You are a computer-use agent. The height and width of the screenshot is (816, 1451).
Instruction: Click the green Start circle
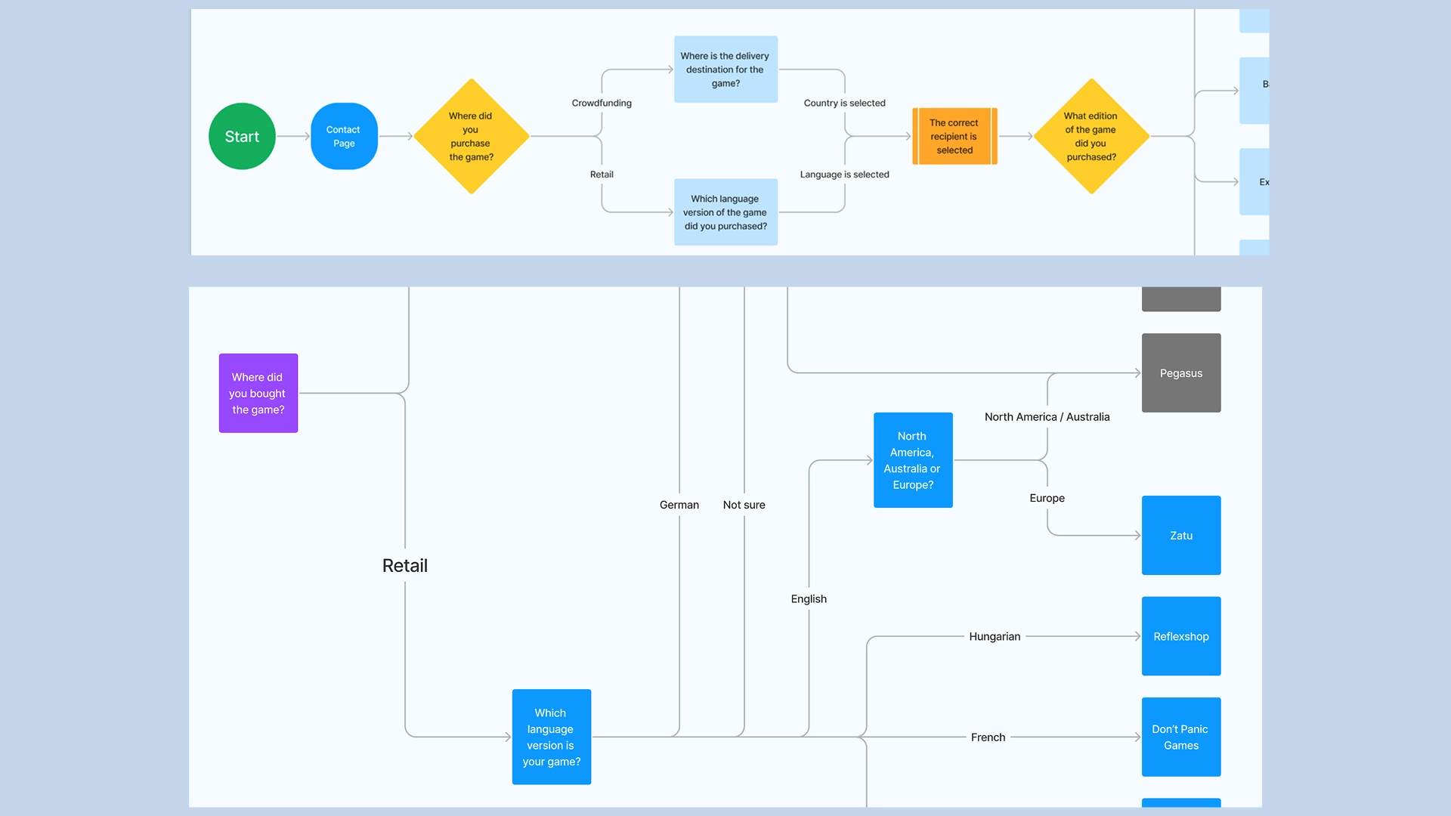242,136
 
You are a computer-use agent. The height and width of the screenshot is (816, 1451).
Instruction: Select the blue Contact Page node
344,136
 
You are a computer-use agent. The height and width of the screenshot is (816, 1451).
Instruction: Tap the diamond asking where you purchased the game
471,136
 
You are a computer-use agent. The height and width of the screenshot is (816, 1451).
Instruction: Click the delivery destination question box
725,69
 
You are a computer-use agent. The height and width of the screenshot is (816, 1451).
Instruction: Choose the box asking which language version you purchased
725,212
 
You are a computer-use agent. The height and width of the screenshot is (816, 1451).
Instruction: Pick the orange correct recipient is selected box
954,136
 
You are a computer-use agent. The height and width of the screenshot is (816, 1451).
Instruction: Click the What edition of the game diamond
1091,136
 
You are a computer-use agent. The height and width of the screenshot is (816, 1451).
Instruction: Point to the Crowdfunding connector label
602,103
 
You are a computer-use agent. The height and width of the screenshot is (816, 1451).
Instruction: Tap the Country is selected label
844,103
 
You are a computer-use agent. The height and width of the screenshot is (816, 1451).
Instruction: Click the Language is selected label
844,175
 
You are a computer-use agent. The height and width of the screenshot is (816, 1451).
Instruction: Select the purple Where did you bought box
258,393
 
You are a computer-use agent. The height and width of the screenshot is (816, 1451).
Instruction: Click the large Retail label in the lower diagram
405,565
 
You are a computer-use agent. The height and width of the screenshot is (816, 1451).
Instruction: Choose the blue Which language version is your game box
552,737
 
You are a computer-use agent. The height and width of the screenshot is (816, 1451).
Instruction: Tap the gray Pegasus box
1181,373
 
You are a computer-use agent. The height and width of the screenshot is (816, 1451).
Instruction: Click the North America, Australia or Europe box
913,460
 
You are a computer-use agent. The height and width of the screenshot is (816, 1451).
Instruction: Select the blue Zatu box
1181,536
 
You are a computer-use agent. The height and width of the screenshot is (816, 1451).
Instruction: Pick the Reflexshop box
1181,636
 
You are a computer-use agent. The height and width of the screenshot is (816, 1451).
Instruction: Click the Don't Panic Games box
1181,737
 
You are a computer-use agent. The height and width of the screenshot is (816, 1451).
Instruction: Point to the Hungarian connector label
995,637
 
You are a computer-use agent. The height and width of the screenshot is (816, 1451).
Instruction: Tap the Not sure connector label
744,505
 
